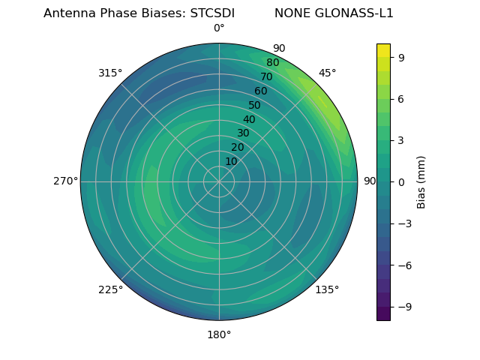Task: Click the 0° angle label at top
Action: pos(219,28)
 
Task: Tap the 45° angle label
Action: pos(327,73)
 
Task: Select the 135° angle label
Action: pos(327,289)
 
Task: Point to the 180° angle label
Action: pos(219,334)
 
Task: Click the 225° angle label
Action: pos(110,290)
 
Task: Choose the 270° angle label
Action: pos(65,181)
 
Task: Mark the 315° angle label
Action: pos(110,73)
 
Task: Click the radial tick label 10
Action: pos(232,161)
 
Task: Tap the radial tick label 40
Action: pos(249,120)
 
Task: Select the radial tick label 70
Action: pos(266,76)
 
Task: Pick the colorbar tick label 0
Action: pos(402,182)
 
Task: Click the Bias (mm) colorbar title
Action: pos(421,182)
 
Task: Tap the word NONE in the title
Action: pos(291,13)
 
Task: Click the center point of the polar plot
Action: pos(219,181)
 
